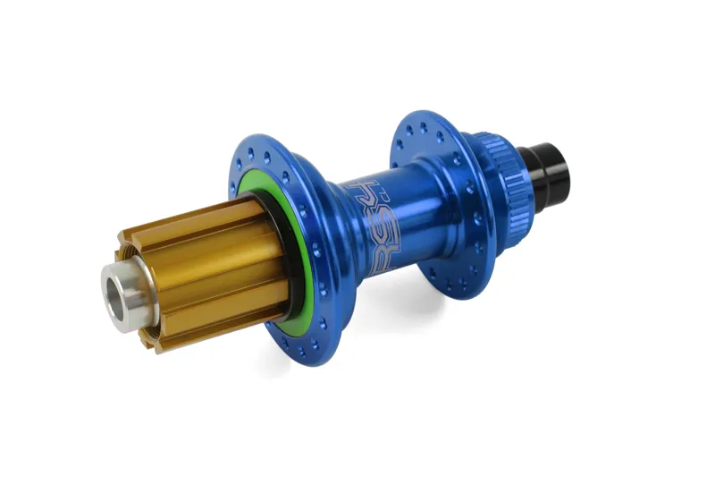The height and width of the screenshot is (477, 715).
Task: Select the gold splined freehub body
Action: click(x=201, y=268)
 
